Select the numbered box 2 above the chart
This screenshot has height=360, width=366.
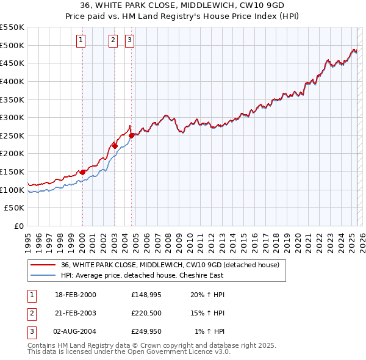coord(113,41)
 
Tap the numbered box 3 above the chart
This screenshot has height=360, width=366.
coord(130,41)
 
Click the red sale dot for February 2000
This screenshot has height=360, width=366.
coord(82,172)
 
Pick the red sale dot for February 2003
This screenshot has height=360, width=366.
coord(115,146)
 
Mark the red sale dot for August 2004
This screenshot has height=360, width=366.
coord(132,135)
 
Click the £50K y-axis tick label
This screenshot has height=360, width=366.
coord(15,208)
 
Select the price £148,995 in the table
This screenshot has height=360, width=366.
coord(145,295)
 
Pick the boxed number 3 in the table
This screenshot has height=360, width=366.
coord(32,331)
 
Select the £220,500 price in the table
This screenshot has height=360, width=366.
coord(145,313)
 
